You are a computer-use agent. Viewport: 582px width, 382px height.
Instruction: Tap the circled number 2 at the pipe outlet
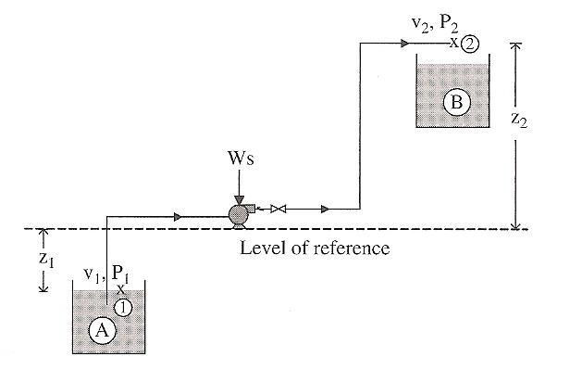(470, 44)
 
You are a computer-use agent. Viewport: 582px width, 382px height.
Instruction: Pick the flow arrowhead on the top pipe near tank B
(403, 43)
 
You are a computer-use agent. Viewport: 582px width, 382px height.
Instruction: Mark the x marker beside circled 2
(454, 43)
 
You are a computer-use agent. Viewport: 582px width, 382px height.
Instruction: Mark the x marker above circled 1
(120, 291)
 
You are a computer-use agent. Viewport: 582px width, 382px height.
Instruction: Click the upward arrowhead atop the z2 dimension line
(515, 45)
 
